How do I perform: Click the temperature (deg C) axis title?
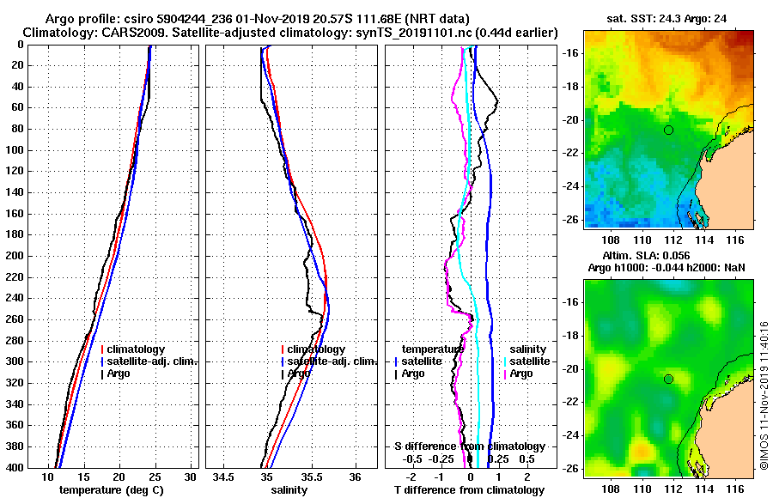tap(111, 489)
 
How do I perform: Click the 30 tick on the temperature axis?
tap(191, 476)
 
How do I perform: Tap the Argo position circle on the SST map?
tap(668, 130)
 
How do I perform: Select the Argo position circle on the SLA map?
tap(668, 379)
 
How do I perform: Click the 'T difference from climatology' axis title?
tap(469, 489)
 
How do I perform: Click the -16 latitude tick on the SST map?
tap(570, 52)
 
